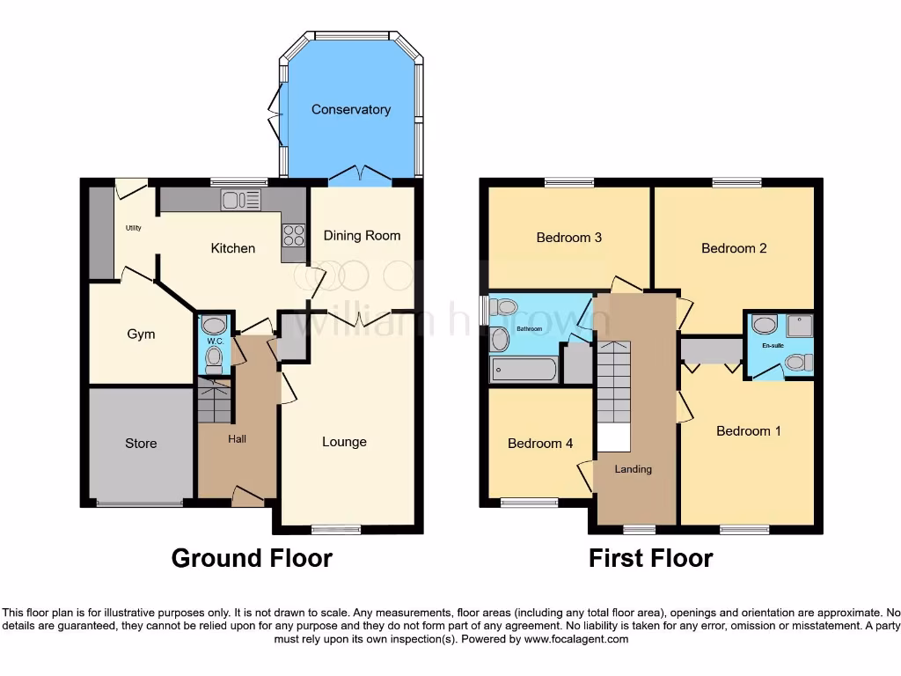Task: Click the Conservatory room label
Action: click(350, 110)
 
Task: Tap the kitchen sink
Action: click(241, 201)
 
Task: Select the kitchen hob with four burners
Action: click(293, 236)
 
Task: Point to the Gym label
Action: click(141, 334)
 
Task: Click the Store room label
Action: click(141, 443)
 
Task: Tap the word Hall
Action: click(238, 438)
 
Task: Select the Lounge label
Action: click(344, 442)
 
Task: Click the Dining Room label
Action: click(362, 235)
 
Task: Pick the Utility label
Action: click(133, 228)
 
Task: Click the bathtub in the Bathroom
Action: click(524, 369)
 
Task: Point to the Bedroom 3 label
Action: click(569, 237)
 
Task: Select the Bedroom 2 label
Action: click(734, 248)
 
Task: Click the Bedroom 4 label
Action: click(540, 444)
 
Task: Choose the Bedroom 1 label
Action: click(748, 431)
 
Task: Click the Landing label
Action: click(633, 469)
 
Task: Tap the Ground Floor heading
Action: click(252, 558)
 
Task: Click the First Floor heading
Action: click(650, 558)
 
